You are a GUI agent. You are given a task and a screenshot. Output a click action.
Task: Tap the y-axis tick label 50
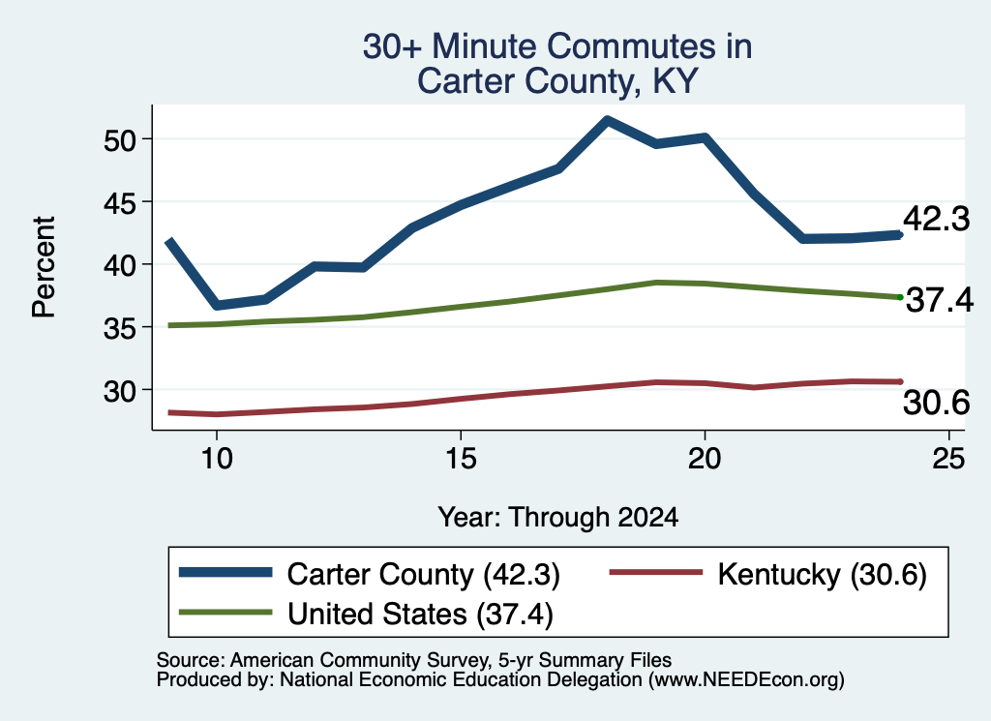(120, 139)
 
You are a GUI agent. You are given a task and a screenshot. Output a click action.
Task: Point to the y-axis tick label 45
(120, 202)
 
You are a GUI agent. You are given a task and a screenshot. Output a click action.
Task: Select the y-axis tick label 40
(120, 265)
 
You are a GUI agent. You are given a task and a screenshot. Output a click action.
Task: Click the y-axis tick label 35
(120, 328)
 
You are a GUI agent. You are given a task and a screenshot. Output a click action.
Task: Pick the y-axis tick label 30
(120, 391)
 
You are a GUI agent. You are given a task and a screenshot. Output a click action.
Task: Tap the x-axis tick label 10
(217, 458)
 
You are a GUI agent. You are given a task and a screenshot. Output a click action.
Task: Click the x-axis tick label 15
(461, 458)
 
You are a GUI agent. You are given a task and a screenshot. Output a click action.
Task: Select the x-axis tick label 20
(705, 458)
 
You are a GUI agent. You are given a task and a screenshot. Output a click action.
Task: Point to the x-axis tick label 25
(948, 458)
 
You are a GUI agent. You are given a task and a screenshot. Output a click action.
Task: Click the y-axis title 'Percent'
(45, 267)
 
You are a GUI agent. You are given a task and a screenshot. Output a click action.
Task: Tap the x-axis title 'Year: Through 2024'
(558, 518)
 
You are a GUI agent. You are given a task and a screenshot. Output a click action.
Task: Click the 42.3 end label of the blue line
(936, 220)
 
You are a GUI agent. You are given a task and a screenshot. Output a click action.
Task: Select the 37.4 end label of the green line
(940, 299)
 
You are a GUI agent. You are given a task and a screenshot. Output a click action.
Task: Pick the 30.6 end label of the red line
(936, 403)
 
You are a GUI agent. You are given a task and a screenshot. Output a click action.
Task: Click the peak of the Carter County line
(607, 120)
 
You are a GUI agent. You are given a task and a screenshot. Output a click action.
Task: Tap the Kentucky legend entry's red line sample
(656, 573)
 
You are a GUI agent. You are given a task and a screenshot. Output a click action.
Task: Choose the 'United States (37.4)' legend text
(420, 615)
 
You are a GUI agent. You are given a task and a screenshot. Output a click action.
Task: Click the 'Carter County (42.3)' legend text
(424, 575)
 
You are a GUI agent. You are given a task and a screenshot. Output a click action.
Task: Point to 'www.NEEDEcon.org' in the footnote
(745, 680)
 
